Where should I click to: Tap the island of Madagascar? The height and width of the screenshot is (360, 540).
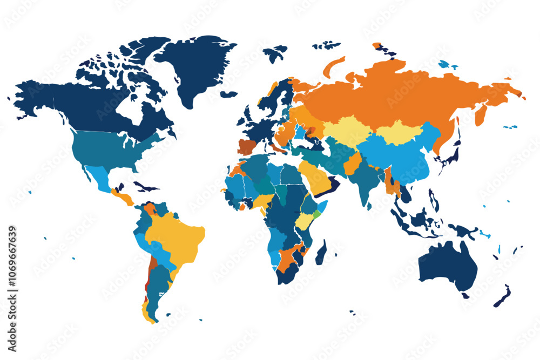click(320, 253)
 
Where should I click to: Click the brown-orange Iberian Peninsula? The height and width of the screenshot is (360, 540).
click(247, 147)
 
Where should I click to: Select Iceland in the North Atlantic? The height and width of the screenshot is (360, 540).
click(228, 94)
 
